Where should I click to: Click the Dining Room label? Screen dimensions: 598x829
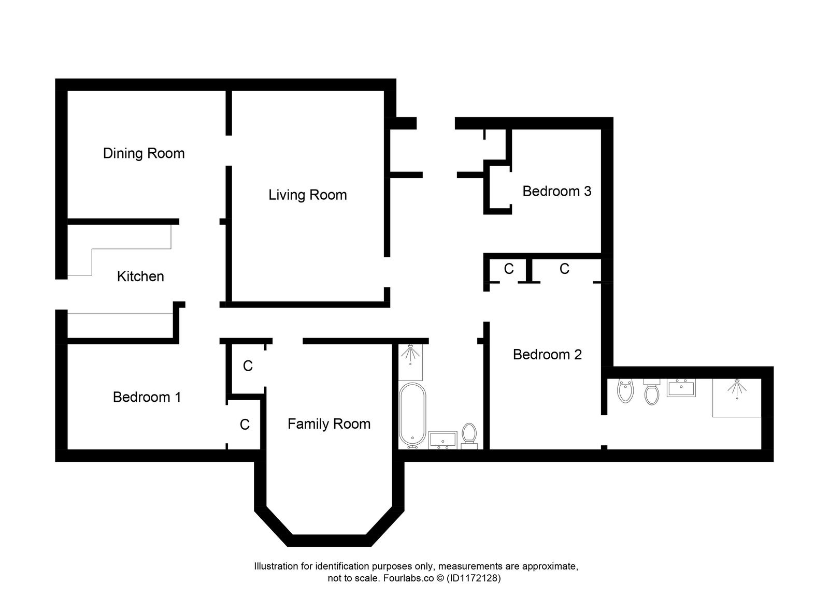point(144,153)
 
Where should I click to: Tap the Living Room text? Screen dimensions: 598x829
point(307,195)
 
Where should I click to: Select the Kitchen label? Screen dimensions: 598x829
point(140,276)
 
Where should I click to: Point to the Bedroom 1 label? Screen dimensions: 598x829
point(147,397)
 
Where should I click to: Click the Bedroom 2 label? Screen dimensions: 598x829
point(547,355)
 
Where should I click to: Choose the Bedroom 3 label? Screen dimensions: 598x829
point(556,192)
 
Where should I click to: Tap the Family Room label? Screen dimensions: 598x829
point(329,424)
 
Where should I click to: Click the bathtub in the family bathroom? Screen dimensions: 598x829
point(412,415)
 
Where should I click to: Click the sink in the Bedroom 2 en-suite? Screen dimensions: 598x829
point(681,388)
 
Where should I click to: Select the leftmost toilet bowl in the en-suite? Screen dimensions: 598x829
point(626,391)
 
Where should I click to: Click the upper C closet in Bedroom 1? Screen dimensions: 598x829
point(248,367)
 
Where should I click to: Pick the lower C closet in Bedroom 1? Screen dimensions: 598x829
point(245,425)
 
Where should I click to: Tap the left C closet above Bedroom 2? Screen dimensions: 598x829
point(509,269)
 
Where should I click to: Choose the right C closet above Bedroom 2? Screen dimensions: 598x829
point(564,269)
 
